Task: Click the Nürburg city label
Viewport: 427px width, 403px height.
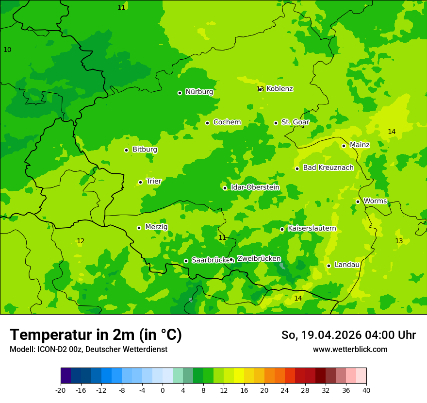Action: [x=199, y=92]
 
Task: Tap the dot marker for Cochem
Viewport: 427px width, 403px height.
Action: [x=207, y=123]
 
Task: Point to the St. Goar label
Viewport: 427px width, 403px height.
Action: [x=295, y=122]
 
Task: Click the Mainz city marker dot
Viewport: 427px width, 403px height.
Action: [x=344, y=146]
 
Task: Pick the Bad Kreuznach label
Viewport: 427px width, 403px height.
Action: [x=328, y=168]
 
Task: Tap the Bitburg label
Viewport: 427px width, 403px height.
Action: [x=145, y=150]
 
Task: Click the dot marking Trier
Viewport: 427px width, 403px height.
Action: [x=140, y=182]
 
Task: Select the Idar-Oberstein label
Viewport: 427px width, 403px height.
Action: [x=255, y=187]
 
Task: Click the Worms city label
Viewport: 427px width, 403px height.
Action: [x=375, y=201]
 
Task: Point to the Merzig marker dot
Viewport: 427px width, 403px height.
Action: [x=139, y=228]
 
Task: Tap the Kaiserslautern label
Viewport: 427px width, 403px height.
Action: [x=312, y=228]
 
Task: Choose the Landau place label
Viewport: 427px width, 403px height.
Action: [x=347, y=265]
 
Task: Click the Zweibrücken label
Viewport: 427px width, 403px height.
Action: [x=259, y=259]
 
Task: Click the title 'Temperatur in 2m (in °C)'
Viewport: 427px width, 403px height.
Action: [x=96, y=335]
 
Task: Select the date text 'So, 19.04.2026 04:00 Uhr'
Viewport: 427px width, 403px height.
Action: [x=348, y=335]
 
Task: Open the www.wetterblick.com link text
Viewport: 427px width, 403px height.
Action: [x=350, y=349]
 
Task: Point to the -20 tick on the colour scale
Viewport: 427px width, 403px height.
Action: [x=61, y=390]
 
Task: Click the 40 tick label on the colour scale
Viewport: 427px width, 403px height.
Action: [x=366, y=390]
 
